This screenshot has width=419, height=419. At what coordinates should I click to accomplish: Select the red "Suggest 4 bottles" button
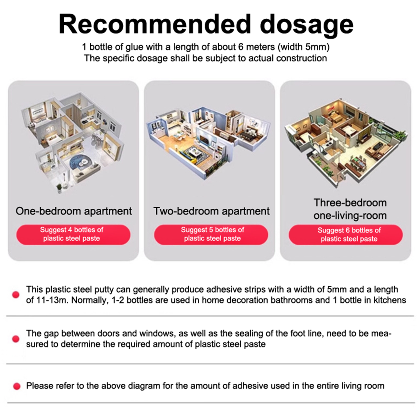(73, 235)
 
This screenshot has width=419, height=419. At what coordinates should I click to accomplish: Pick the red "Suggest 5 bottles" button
(211, 235)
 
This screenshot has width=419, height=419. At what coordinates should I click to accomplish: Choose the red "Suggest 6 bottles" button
(346, 235)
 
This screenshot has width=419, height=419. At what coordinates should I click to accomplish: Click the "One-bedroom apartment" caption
(74, 211)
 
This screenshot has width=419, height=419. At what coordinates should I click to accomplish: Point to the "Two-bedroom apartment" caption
(211, 211)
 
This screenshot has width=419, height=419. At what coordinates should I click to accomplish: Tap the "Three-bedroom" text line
(350, 203)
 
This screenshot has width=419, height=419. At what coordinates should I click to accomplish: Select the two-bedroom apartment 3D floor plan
(208, 143)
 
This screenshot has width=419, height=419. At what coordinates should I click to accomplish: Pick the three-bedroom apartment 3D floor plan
(346, 143)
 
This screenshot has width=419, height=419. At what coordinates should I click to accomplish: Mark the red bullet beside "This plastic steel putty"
(16, 295)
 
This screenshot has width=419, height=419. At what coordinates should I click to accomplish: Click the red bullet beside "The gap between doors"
(16, 339)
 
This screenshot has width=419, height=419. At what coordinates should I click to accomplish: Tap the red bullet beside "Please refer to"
(17, 386)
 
